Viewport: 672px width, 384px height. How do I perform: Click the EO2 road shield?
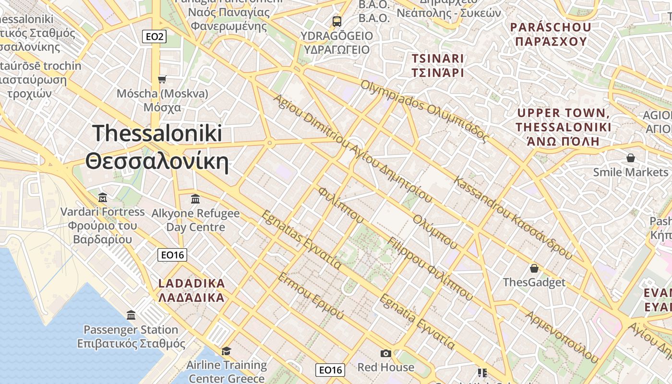tap(154, 36)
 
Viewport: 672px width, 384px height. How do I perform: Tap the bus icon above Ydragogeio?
tap(337, 21)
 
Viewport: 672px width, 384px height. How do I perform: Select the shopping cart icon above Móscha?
tap(162, 79)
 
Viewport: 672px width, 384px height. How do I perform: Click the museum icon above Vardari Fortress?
tap(102, 197)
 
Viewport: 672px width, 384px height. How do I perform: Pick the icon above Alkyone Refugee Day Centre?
tap(195, 198)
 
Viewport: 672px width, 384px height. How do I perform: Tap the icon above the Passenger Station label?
tap(131, 315)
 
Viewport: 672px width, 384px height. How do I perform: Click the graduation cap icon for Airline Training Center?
tap(226, 351)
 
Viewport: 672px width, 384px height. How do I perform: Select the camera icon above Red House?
tap(385, 354)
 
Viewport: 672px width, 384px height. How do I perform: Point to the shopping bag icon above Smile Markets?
tap(631, 157)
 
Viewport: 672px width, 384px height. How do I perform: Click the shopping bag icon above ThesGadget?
tap(534, 268)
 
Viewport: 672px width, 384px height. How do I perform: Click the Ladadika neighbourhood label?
tap(192, 290)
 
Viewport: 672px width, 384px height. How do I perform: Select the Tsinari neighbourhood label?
tap(438, 66)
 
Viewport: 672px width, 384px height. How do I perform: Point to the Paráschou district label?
tap(551, 34)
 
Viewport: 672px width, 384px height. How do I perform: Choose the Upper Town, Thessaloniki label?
tap(564, 127)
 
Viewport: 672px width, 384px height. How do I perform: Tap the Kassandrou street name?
tap(513, 218)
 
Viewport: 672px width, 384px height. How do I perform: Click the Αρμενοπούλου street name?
tap(562, 336)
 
